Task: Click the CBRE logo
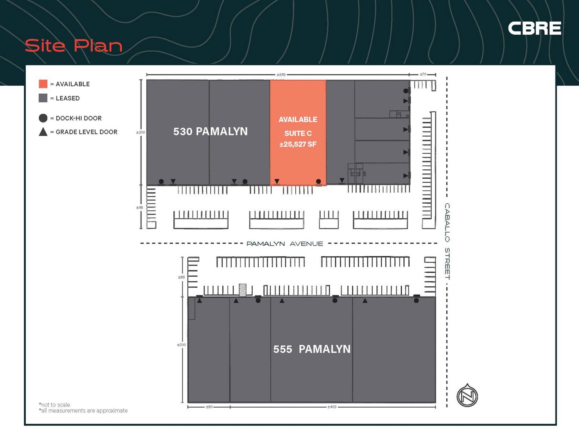[534, 28]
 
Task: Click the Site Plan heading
[73, 46]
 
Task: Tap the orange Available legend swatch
[43, 84]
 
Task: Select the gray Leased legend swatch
[43, 98]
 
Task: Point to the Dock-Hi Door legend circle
[43, 118]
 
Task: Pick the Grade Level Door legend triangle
[43, 132]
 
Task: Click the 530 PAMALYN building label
[210, 131]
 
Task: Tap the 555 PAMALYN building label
[312, 349]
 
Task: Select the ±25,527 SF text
[298, 144]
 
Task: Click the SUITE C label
[298, 133]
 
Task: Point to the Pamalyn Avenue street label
[284, 244]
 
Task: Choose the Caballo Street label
[447, 241]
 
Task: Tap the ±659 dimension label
[281, 74]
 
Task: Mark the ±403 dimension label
[332, 407]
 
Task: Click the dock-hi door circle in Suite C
[318, 181]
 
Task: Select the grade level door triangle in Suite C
[277, 181]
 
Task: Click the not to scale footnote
[55, 405]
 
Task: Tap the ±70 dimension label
[423, 74]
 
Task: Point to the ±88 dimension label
[181, 277]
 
